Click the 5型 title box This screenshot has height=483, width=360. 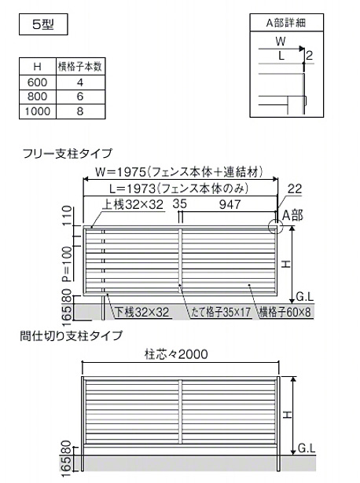43,24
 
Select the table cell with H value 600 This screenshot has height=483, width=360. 38,82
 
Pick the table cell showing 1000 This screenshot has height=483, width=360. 38,112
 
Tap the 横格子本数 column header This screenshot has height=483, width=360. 80,66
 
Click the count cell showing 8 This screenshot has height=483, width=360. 80,112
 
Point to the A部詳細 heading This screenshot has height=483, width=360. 286,23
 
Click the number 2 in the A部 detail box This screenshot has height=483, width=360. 309,55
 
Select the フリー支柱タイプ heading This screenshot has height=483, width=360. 68,153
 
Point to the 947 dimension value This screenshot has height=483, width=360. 230,204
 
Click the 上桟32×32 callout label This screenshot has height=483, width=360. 133,204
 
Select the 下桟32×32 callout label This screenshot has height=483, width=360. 142,313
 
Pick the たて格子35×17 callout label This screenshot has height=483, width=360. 221,313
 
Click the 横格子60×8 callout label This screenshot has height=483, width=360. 285,313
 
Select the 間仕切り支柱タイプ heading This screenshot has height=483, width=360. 72,335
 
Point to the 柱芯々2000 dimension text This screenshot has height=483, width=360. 176,354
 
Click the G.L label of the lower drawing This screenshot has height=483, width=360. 307,448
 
